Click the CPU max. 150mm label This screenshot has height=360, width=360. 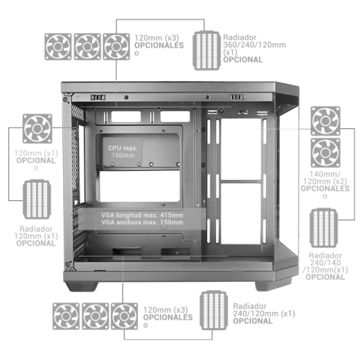(x=121, y=152)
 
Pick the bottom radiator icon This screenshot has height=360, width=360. (x=213, y=311)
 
